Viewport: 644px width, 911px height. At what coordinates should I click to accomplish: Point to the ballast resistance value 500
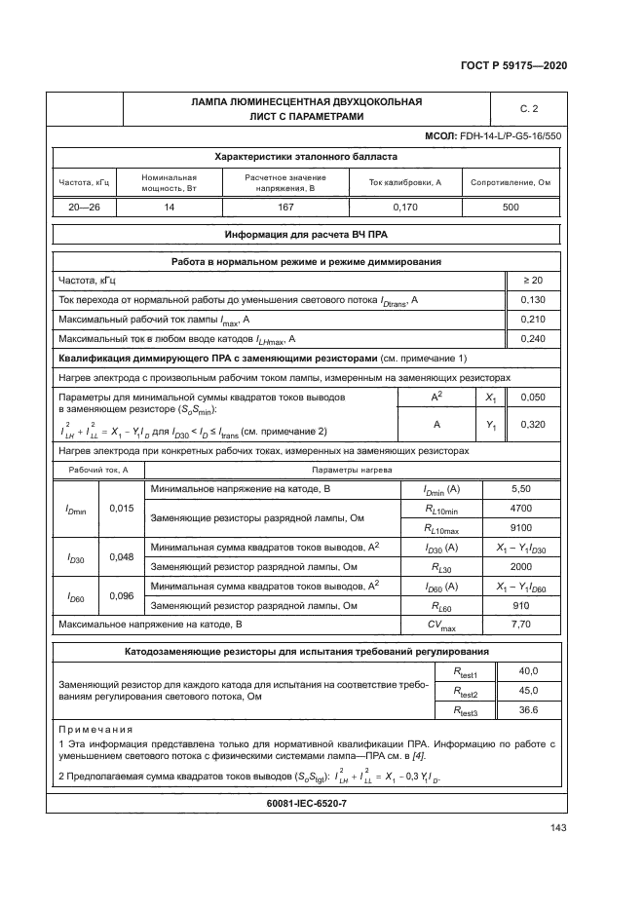510,208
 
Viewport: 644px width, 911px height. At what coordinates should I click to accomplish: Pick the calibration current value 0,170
404,208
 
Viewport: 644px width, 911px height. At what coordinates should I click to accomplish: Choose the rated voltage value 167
285,208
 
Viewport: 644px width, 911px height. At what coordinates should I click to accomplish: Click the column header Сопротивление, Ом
511,182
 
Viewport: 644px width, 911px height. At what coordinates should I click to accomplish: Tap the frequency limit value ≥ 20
532,281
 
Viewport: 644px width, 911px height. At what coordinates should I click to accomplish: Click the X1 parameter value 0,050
532,399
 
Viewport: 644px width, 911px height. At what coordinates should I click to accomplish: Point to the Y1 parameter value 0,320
532,425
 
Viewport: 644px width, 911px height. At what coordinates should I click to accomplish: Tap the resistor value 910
520,605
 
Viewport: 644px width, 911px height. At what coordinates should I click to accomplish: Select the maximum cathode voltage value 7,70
520,624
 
